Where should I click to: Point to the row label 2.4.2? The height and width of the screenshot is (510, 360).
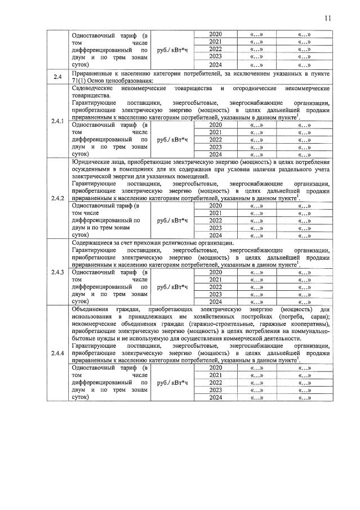(x=57, y=198)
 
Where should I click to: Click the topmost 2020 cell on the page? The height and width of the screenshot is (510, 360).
(x=215, y=34)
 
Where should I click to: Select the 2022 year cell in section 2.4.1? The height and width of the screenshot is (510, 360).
(x=215, y=140)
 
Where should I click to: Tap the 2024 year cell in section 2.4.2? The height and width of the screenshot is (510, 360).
(x=215, y=235)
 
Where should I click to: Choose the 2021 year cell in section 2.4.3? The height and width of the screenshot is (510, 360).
(x=215, y=280)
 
